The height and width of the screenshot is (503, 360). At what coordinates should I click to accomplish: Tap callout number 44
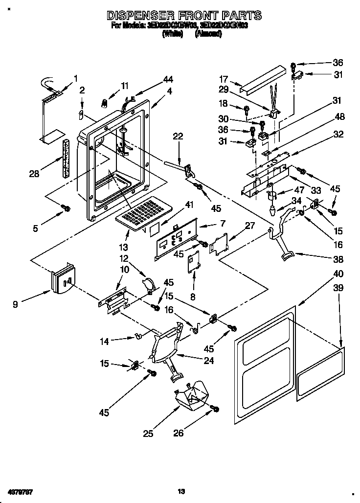coord(155,79)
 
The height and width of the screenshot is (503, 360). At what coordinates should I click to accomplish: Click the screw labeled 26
coord(214,409)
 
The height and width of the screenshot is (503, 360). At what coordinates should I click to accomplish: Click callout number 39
coord(338,289)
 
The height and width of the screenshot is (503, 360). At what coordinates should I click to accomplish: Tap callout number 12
coord(123,258)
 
